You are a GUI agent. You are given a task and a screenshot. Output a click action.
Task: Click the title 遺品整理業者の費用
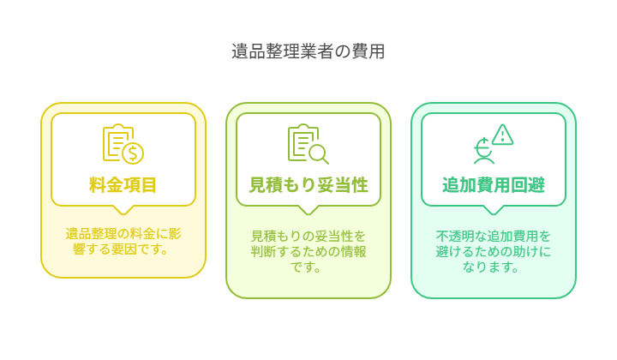coord(308,51)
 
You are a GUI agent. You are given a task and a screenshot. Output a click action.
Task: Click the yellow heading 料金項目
coord(123,185)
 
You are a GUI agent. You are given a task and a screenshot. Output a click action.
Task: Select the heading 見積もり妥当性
coord(308,185)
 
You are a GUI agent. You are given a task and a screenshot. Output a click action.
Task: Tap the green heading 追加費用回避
coord(494,185)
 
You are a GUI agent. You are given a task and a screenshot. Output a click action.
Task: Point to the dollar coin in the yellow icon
coord(133,153)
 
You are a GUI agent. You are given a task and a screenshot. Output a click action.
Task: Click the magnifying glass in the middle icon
coord(319,154)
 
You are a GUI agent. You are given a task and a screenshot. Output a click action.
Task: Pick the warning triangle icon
coord(502,135)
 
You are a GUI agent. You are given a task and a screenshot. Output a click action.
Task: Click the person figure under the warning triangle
coord(483,151)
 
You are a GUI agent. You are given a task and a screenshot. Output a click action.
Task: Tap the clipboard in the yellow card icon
coord(117,142)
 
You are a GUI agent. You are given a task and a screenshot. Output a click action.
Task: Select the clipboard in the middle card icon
coord(303,142)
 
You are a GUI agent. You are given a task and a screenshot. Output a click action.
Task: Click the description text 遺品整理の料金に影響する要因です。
coord(123,241)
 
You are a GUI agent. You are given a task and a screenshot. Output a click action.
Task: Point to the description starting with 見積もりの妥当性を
coord(308,251)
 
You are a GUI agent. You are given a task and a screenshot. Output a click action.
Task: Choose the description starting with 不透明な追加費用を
coord(494,251)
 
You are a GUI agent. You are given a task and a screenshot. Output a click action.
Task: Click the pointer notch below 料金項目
coord(123,210)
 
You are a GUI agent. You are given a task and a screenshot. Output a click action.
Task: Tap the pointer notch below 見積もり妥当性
coord(308,210)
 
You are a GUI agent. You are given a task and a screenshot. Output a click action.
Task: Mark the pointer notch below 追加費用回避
coord(494,210)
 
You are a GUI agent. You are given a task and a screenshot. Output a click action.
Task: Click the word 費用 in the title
coord(368,51)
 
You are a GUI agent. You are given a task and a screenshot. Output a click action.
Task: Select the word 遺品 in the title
coord(249,51)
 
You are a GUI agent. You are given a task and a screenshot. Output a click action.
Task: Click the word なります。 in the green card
coord(491,267)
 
